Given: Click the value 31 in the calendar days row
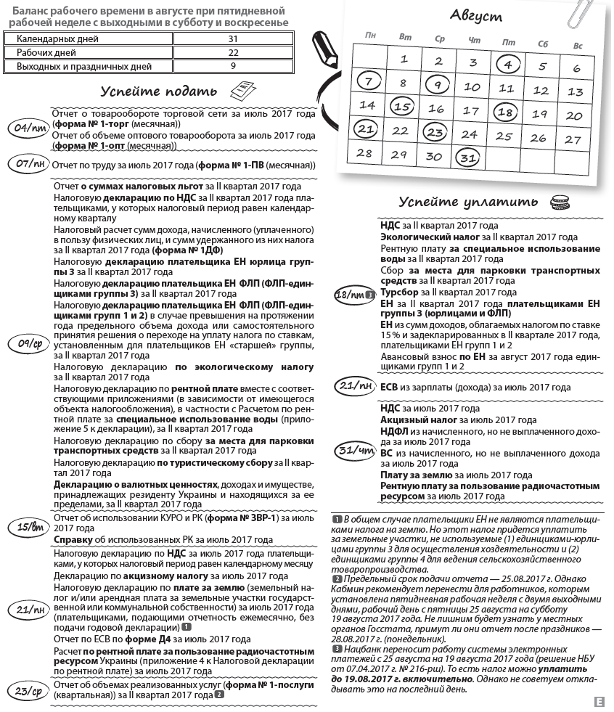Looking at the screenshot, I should (233, 38).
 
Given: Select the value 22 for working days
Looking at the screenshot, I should (233, 52).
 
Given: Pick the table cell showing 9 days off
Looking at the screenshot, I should (233, 66).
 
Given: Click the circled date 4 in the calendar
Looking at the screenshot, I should (508, 65).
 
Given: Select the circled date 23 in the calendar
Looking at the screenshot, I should (435, 132).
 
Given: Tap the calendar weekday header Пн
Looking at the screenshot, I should (371, 34).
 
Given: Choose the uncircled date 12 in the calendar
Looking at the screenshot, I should (541, 91).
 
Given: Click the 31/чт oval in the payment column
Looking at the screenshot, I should (355, 450).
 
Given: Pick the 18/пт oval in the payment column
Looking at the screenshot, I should (353, 295).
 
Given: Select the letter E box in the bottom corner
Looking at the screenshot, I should (599, 701).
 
